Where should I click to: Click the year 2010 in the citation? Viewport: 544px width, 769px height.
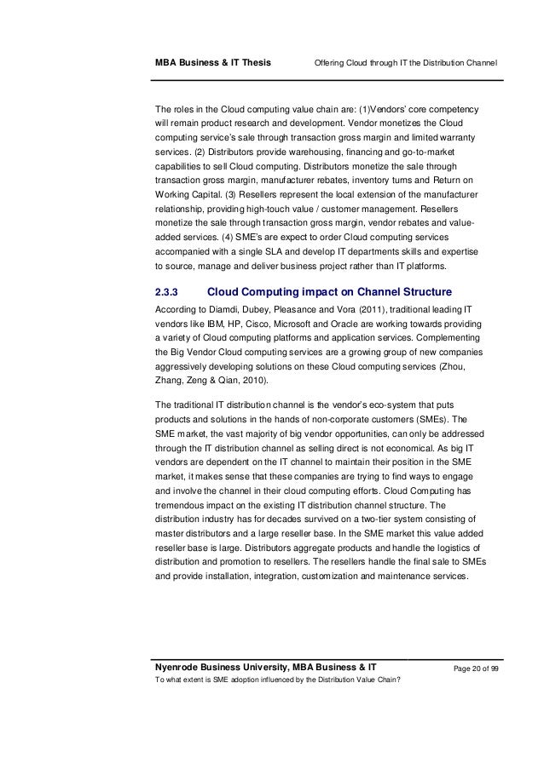point(269,381)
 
